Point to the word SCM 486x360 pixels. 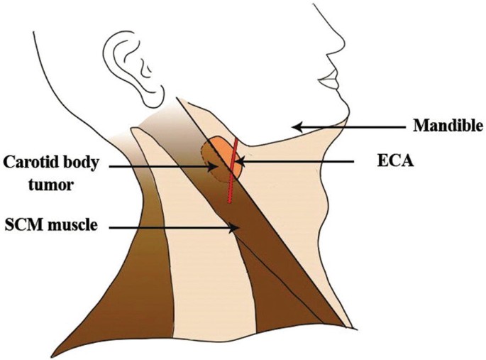23,226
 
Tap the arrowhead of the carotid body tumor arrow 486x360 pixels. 212,168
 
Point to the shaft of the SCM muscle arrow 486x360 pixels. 170,227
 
